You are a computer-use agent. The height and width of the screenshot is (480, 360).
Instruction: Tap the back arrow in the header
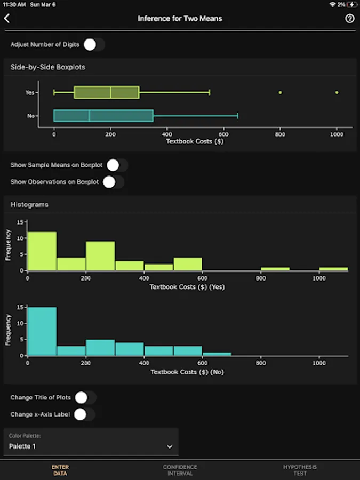click(x=7, y=18)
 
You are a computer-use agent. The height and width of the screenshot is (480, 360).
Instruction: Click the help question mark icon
click(x=350, y=18)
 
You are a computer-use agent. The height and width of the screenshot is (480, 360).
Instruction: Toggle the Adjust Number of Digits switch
click(x=94, y=45)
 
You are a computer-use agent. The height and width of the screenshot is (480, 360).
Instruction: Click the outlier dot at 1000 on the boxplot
click(x=337, y=92)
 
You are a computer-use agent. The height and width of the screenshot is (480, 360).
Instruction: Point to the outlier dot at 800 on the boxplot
click(x=280, y=92)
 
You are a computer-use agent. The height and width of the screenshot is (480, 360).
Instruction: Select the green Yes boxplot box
click(x=107, y=92)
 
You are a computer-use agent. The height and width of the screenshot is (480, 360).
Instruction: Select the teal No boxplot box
click(x=103, y=116)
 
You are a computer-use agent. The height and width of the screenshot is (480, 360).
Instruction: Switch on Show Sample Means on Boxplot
click(x=116, y=165)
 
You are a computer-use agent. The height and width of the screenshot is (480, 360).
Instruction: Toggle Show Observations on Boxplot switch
click(x=113, y=182)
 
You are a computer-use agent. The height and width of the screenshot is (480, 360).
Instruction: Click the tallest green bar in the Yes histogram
click(x=42, y=251)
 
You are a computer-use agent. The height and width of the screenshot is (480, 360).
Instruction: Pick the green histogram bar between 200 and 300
click(x=100, y=256)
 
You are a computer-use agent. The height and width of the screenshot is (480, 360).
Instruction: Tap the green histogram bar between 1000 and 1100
click(x=333, y=269)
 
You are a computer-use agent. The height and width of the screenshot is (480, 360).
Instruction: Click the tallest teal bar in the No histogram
click(x=42, y=331)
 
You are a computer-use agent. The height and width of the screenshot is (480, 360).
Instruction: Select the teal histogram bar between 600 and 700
click(x=217, y=354)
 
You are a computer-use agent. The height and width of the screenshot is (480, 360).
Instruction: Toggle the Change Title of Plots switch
click(x=85, y=397)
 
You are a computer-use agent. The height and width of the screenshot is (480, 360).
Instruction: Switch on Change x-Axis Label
click(x=84, y=414)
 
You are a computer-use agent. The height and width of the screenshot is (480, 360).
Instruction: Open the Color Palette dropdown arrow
click(x=170, y=446)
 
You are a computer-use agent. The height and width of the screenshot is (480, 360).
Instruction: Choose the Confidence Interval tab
click(x=180, y=470)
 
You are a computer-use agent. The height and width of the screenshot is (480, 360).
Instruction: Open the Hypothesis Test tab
click(x=300, y=470)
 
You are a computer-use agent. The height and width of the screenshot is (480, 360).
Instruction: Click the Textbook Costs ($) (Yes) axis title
click(x=187, y=287)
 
